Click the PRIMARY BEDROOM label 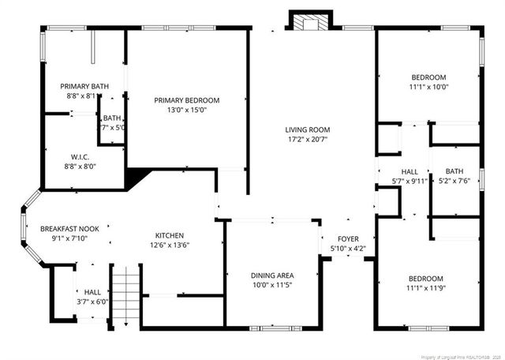(187, 100)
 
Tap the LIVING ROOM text (308, 129)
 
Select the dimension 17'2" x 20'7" (308, 140)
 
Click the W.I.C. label (80, 156)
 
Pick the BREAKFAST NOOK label (75, 229)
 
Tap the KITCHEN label (170, 235)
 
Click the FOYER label (348, 239)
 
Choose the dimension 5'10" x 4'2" (348, 249)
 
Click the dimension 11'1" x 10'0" (428, 87)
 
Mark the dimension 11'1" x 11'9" (426, 289)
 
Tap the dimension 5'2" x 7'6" (454, 181)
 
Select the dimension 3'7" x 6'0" (92, 301)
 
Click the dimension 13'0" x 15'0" (187, 111)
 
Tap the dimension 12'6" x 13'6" (170, 246)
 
